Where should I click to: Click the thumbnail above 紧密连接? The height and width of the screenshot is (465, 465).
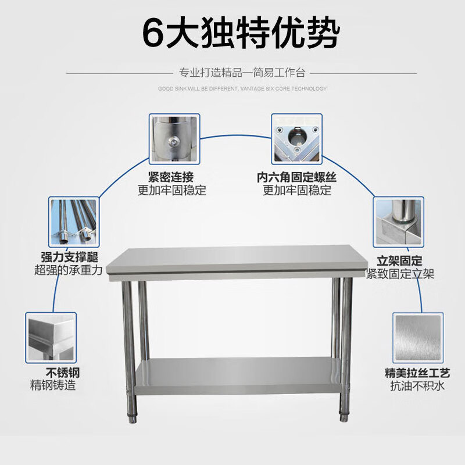click(174, 139)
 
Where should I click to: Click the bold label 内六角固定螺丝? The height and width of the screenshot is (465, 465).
click(297, 177)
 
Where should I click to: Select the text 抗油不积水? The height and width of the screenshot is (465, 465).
click(417, 385)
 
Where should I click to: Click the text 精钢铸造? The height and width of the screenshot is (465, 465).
click(53, 385)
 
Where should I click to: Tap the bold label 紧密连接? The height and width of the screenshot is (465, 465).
click(171, 177)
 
